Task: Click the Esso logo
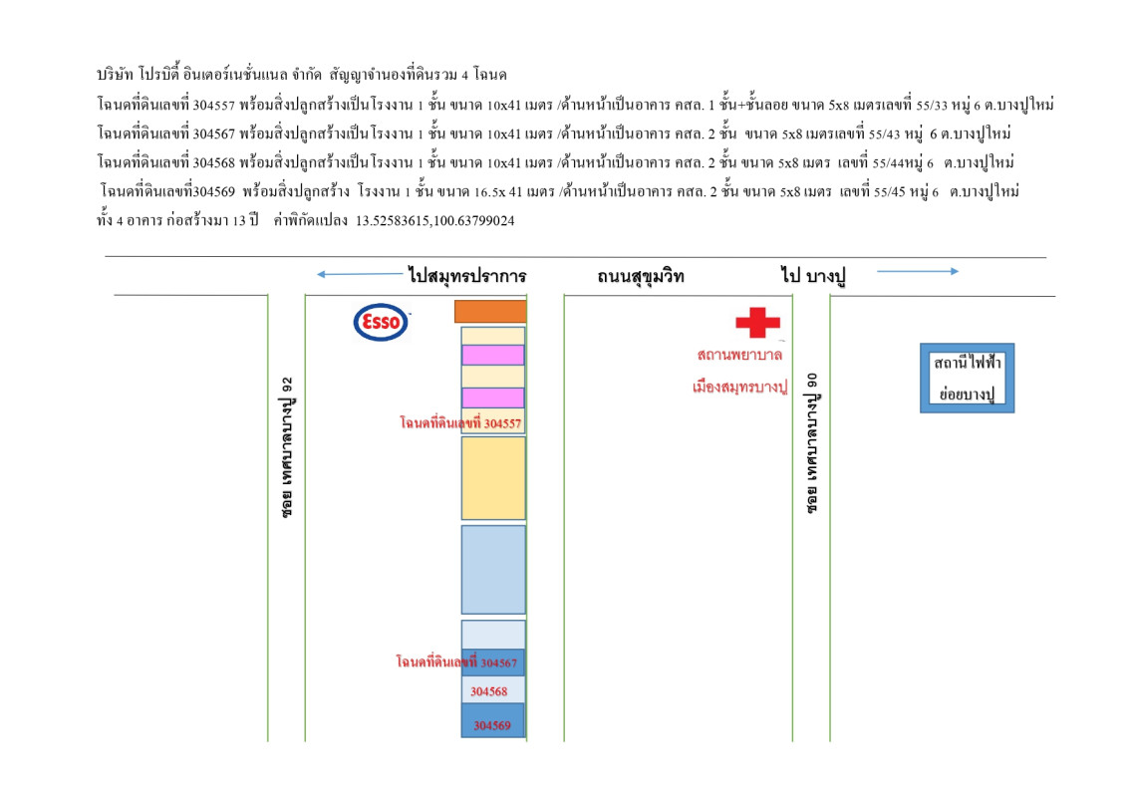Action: [381, 322]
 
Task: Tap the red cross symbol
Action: [757, 322]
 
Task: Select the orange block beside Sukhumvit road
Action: [490, 311]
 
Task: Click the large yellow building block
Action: [493, 477]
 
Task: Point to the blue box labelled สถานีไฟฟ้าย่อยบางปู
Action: [966, 379]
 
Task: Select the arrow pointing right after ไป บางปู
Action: [916, 271]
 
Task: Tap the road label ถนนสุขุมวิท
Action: [642, 275]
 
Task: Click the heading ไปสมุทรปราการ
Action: [466, 275]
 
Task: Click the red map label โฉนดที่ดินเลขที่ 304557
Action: [459, 423]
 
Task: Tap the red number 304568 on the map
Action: [489, 691]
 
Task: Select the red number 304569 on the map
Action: [492, 725]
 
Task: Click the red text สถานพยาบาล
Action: [739, 355]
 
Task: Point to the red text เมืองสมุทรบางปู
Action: [739, 385]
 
